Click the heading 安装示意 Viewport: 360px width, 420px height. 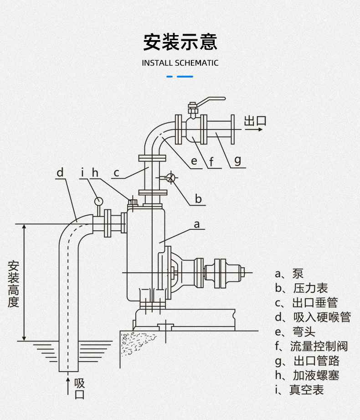180,41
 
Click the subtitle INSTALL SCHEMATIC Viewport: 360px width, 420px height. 180,63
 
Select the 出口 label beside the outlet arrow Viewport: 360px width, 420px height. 255,121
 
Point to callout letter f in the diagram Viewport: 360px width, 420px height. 212,161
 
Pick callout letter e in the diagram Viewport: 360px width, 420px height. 194,161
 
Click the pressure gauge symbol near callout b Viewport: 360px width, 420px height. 170,178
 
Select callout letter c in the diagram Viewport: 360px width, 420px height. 117,173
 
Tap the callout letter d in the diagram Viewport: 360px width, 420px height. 60,172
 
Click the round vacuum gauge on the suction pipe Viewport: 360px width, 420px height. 98,200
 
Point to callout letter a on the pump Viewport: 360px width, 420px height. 197,224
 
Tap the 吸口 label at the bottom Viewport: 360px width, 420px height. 80,388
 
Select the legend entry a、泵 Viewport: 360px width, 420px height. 289,273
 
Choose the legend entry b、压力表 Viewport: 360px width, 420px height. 301,288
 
